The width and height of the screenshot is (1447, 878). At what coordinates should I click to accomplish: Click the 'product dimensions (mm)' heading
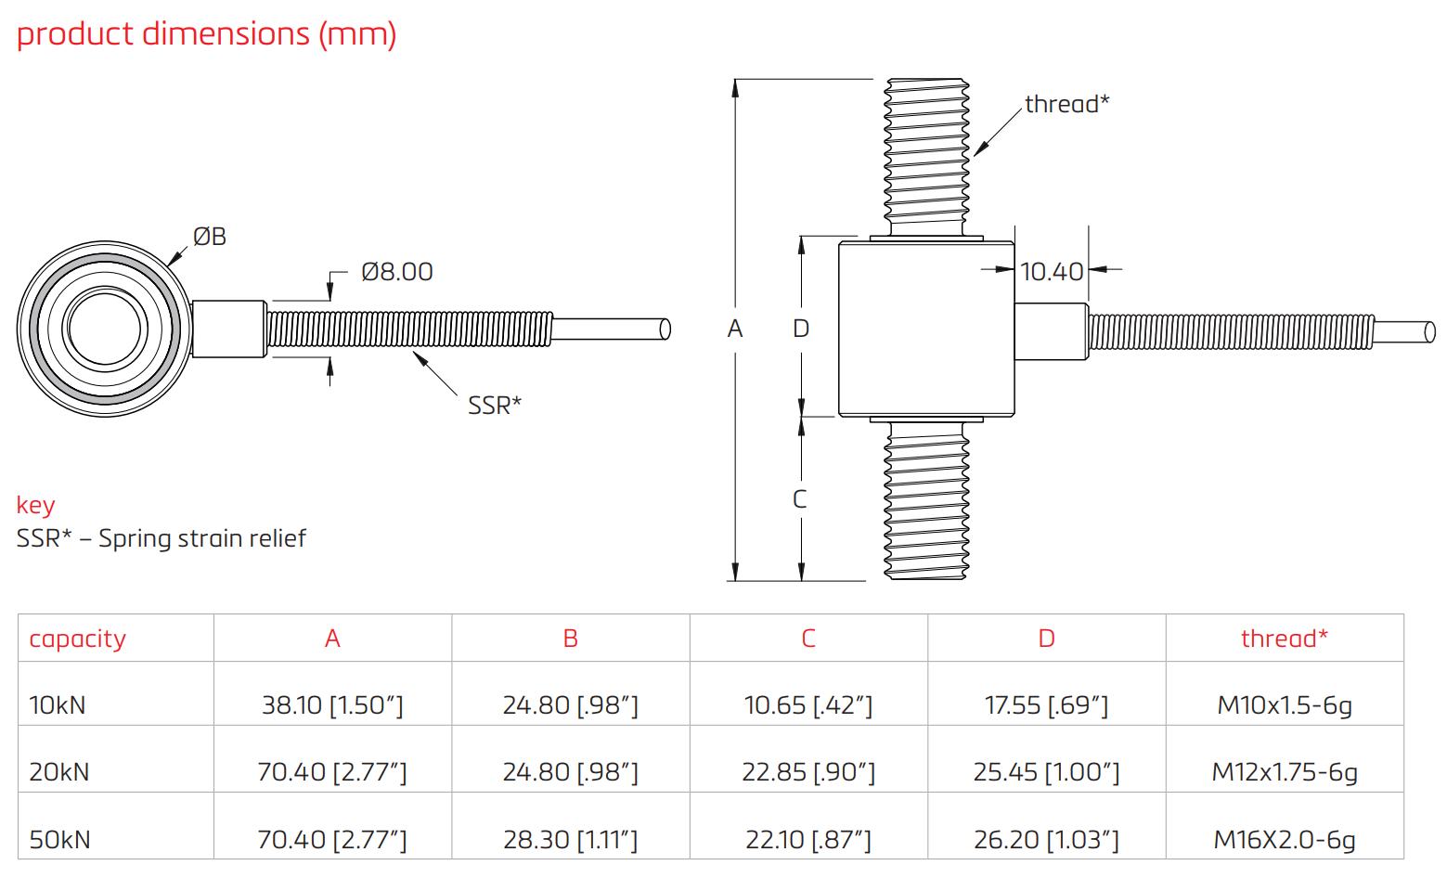pyautogui.click(x=206, y=34)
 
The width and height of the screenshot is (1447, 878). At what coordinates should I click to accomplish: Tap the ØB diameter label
pyautogui.click(x=210, y=237)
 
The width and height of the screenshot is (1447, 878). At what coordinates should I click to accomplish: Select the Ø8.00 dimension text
pyautogui.click(x=396, y=272)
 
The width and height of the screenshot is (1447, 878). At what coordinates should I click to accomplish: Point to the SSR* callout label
pyautogui.click(x=494, y=406)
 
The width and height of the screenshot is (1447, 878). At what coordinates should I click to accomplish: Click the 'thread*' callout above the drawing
pyautogui.click(x=1066, y=104)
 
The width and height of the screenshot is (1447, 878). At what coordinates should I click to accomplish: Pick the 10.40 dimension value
pyautogui.click(x=1051, y=271)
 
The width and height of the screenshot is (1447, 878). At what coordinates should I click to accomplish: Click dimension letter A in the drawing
pyautogui.click(x=735, y=329)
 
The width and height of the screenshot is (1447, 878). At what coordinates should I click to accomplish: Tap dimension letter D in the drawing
pyautogui.click(x=801, y=329)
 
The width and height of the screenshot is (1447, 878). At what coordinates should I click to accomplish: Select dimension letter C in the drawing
pyautogui.click(x=800, y=499)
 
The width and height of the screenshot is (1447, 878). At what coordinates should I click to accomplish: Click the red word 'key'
pyautogui.click(x=35, y=505)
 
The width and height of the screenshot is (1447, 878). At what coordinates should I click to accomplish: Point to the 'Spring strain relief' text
pyautogui.click(x=202, y=538)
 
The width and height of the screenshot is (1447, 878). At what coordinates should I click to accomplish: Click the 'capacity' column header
pyautogui.click(x=77, y=639)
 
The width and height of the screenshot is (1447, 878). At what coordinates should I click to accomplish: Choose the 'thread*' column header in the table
pyautogui.click(x=1284, y=639)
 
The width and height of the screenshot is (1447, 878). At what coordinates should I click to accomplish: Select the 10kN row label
pyautogui.click(x=58, y=705)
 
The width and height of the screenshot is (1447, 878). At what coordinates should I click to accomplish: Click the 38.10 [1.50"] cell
pyautogui.click(x=332, y=705)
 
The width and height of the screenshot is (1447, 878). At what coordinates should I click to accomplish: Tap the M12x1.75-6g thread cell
pyautogui.click(x=1284, y=772)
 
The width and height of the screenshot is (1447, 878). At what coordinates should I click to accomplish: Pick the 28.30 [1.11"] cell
pyautogui.click(x=570, y=840)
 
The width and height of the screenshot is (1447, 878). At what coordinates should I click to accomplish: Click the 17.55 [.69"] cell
pyautogui.click(x=1046, y=705)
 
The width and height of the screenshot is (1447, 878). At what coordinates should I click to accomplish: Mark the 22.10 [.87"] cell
pyautogui.click(x=807, y=840)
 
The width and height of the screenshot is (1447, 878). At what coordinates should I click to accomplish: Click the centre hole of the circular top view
pyautogui.click(x=104, y=329)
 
